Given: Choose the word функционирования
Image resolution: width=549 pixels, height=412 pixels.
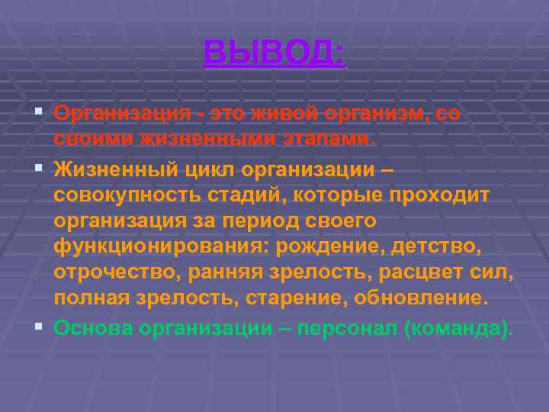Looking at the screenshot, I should (x=159, y=246).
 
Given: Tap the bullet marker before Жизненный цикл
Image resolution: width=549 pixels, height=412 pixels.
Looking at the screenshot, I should (x=39, y=166).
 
